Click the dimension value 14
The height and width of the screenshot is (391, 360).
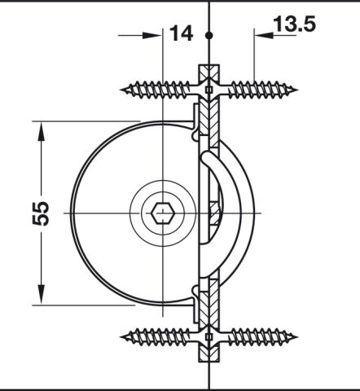[x=182, y=33]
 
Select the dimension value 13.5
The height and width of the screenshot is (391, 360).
[x=295, y=24]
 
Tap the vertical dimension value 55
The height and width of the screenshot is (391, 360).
[x=41, y=213]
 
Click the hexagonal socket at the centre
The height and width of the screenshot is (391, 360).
[x=163, y=213]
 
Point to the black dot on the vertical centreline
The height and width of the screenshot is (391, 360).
[x=209, y=35]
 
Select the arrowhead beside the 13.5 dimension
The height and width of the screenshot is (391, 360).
[x=264, y=35]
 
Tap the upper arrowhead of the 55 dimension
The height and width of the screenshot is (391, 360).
[x=41, y=131]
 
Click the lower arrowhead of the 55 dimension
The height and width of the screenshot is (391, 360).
[x=41, y=294]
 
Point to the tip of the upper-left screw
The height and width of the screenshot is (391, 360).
[x=121, y=90]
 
